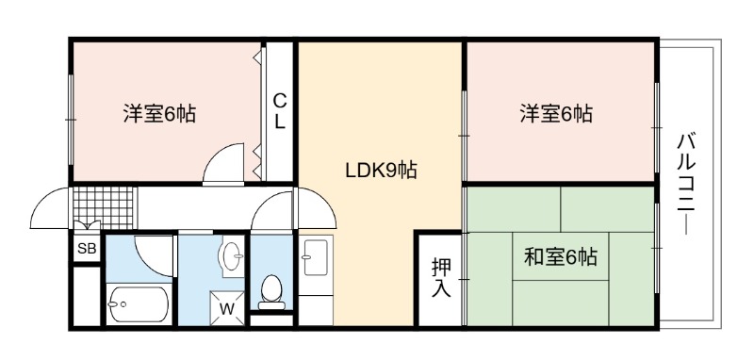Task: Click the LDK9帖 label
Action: tap(382, 171)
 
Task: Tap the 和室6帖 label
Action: tap(561, 257)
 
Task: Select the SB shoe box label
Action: tap(87, 249)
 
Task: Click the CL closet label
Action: tap(279, 111)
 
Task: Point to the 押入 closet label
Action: tap(441, 278)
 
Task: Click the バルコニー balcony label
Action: tap(686, 184)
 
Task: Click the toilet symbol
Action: tap(271, 292)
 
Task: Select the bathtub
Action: tap(138, 304)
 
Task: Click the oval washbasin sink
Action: tap(232, 255)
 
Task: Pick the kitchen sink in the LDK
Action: tap(316, 257)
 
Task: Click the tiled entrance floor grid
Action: tap(103, 206)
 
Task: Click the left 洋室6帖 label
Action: tap(159, 114)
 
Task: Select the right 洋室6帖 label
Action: tap(556, 114)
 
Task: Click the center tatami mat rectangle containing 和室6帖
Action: tap(561, 256)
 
